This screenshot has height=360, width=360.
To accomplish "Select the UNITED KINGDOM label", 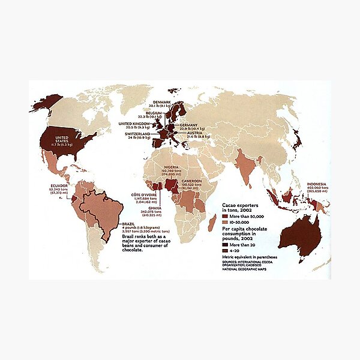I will click(136, 123).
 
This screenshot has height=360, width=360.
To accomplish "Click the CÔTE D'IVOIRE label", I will click(144, 195).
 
